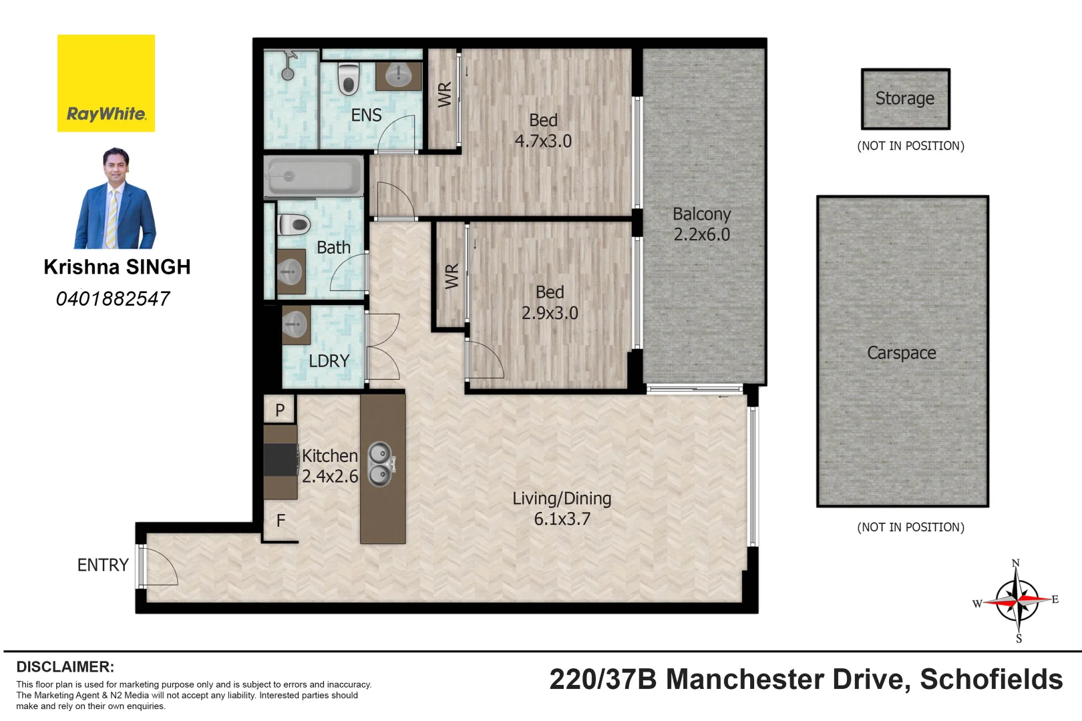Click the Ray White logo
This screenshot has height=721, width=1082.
click(x=106, y=83)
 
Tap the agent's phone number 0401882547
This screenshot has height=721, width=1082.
click(x=113, y=298)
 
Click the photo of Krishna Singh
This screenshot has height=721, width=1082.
click(x=116, y=198)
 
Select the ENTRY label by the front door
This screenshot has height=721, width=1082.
click(x=103, y=565)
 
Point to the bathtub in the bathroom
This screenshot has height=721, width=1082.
click(x=313, y=176)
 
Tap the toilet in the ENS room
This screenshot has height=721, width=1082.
click(x=348, y=78)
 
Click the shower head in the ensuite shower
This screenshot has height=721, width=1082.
click(x=288, y=72)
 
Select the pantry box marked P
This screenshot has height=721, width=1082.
click(x=280, y=409)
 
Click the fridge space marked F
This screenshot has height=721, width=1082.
click(x=281, y=520)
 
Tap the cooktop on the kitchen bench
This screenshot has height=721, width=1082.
click(x=281, y=459)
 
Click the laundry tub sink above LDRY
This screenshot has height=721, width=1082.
click(x=295, y=325)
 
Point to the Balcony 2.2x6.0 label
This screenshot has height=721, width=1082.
click(x=701, y=224)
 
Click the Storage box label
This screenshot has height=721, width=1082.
click(x=904, y=98)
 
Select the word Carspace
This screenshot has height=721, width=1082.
click(x=901, y=352)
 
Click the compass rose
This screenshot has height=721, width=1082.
click(x=1017, y=600)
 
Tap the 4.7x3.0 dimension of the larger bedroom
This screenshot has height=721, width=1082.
click(x=543, y=141)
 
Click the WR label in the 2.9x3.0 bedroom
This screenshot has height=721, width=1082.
click(x=452, y=276)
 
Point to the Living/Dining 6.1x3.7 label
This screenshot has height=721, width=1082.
click(x=562, y=508)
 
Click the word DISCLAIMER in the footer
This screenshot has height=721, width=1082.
click(x=65, y=666)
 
